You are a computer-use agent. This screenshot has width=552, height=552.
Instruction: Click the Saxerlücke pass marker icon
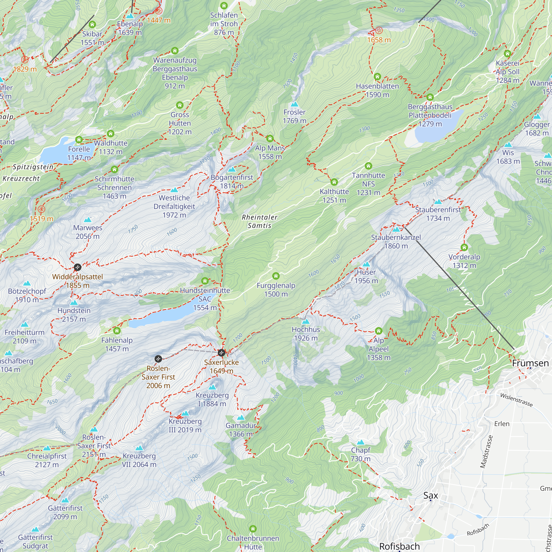coord(221,352)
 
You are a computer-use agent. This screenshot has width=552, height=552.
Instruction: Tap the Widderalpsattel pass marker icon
coord(78,267)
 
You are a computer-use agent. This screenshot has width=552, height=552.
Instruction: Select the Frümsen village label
coord(530,363)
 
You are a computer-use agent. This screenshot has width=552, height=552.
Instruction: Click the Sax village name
coord(431,495)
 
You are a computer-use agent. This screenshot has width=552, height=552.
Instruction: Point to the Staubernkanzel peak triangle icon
coord(396,229)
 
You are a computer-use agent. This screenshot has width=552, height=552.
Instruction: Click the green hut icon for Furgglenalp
coord(276,276)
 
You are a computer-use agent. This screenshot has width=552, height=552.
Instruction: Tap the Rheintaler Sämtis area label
coord(259,221)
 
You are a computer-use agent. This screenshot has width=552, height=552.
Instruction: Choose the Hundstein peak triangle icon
coord(74,302)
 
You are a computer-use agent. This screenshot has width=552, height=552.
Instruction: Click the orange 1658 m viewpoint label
coord(379,40)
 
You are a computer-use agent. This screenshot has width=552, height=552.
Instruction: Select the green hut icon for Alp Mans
coord(270,139)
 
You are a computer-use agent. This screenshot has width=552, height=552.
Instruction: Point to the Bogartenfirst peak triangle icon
coord(232,169)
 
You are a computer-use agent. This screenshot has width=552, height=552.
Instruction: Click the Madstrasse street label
coord(487,452)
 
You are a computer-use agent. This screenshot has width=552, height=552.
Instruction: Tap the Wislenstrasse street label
coord(516,400)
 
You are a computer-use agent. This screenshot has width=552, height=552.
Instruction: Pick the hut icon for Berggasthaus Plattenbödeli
coord(430,97)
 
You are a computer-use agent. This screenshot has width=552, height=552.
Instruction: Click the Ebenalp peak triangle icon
coord(130,16)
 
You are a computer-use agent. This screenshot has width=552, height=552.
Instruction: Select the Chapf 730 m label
coord(360,454)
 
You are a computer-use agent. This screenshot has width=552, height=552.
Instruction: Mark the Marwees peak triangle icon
coord(88,220)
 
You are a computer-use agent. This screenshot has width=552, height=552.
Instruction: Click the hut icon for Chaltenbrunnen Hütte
coord(253,528)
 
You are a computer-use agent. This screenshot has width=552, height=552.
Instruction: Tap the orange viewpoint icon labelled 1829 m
coord(25,59)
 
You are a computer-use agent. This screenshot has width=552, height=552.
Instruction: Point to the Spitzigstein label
coord(33,167)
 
